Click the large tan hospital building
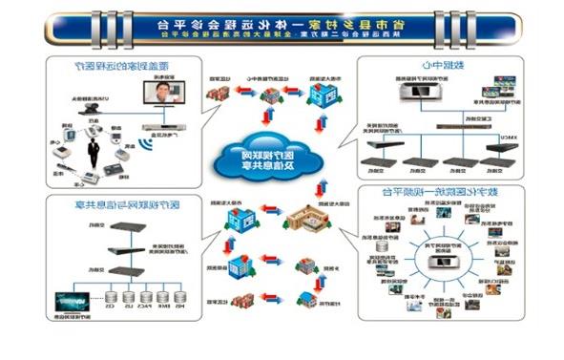point(306,219)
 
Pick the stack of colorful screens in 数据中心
point(497,88)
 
